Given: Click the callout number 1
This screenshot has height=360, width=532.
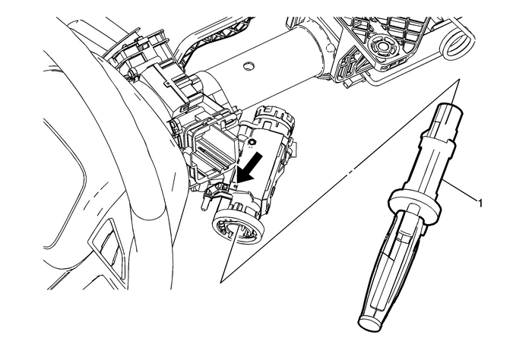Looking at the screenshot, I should click(x=480, y=203).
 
